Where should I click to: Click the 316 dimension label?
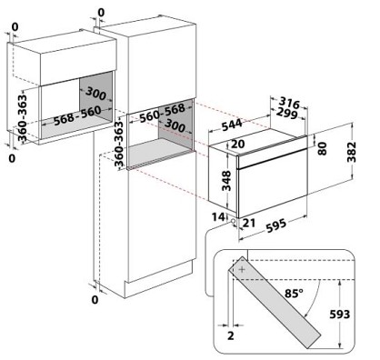(x=289, y=104)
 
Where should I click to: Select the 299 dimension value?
(x=287, y=114)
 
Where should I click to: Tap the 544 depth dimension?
(x=232, y=125)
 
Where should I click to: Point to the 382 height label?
(x=352, y=152)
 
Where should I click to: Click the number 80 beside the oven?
(x=323, y=148)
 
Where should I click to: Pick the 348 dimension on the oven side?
(x=226, y=181)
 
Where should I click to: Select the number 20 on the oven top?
(x=237, y=144)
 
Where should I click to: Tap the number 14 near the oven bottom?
(x=218, y=217)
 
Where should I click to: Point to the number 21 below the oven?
(x=249, y=223)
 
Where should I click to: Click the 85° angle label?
(x=294, y=293)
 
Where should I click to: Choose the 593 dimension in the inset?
(x=340, y=315)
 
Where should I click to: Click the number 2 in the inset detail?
(x=231, y=335)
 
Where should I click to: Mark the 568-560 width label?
(x=77, y=115)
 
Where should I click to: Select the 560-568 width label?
(x=163, y=113)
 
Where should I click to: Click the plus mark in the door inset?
(x=242, y=269)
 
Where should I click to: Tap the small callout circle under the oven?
(x=234, y=221)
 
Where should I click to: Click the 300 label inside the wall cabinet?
(x=95, y=93)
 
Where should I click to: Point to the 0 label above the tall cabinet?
(x=101, y=13)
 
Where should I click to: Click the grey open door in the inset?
(x=275, y=302)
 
